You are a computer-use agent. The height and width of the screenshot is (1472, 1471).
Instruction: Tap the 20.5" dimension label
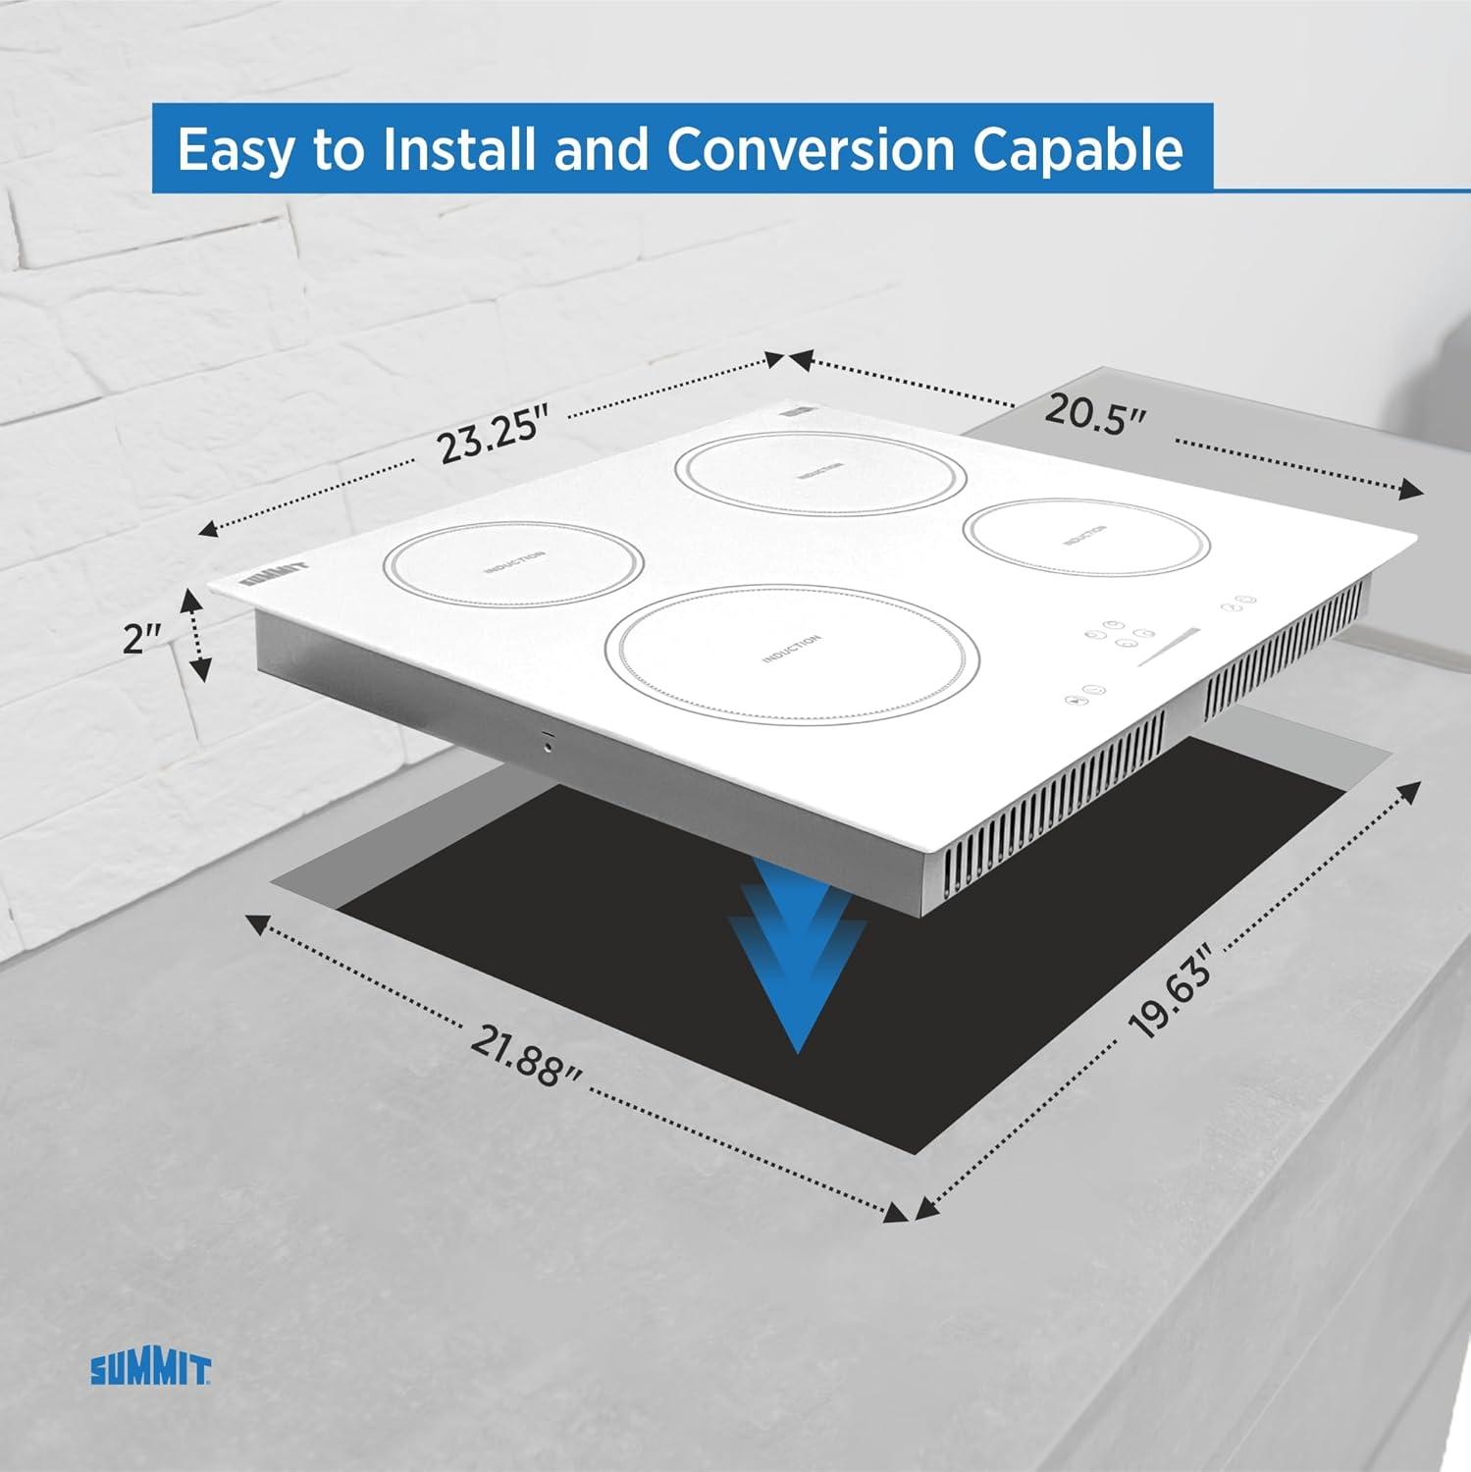tap(1095, 412)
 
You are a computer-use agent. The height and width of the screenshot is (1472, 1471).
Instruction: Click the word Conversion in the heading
tap(811, 149)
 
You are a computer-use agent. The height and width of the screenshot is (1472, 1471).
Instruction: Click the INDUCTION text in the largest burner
tap(791, 649)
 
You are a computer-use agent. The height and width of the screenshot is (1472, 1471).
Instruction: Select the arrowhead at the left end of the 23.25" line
tap(208, 530)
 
